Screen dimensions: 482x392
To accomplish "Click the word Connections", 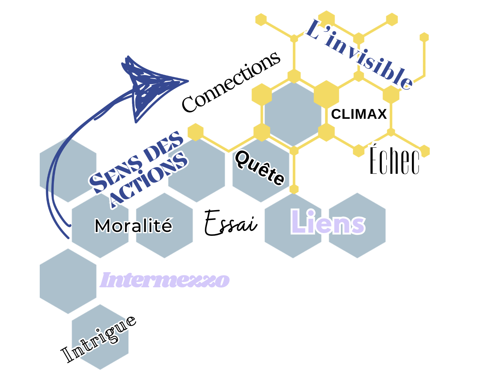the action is [x=231, y=82].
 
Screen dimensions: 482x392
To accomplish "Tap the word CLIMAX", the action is [x=359, y=114].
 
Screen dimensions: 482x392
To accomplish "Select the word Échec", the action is [x=394, y=161].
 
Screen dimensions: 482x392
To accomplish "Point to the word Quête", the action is [x=260, y=167].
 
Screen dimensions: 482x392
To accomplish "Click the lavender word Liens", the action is [x=328, y=222].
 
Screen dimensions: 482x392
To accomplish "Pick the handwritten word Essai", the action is [x=230, y=223].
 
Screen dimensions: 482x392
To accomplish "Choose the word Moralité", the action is [x=133, y=226].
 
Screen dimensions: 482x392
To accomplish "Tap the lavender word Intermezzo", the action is [x=165, y=281].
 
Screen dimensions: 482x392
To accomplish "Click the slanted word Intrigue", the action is [x=99, y=339].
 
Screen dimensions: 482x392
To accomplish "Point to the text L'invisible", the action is [x=359, y=55].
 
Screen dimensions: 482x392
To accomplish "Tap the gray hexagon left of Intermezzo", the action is [x=68, y=281].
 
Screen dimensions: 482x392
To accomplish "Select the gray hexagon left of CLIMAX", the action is [x=293, y=114].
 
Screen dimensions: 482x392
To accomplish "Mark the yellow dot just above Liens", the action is [x=294, y=189].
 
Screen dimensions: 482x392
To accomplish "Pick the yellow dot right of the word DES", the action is [x=196, y=132].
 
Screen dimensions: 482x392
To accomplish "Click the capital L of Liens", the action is [x=299, y=222].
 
